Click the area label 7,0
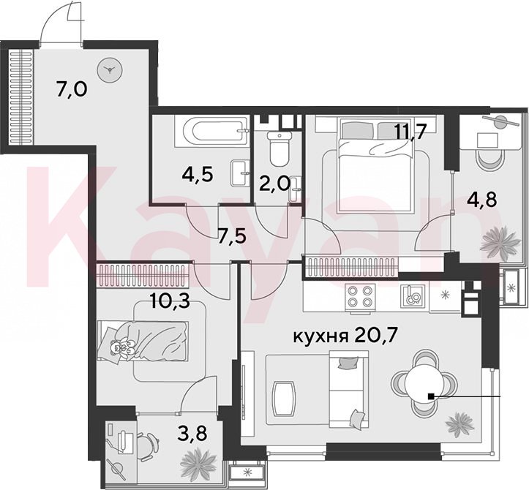pos(72,90)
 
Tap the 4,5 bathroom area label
pos(198,175)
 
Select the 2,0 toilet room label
pos(275,184)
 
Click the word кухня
pos(320,336)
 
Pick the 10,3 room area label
pos(170,302)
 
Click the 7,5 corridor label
pos(232,235)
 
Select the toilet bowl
pos(280,148)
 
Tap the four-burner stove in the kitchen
pos(360,295)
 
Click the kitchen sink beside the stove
pos(412,295)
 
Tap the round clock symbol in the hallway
pos(110,70)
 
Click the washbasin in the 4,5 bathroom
pos(241,173)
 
